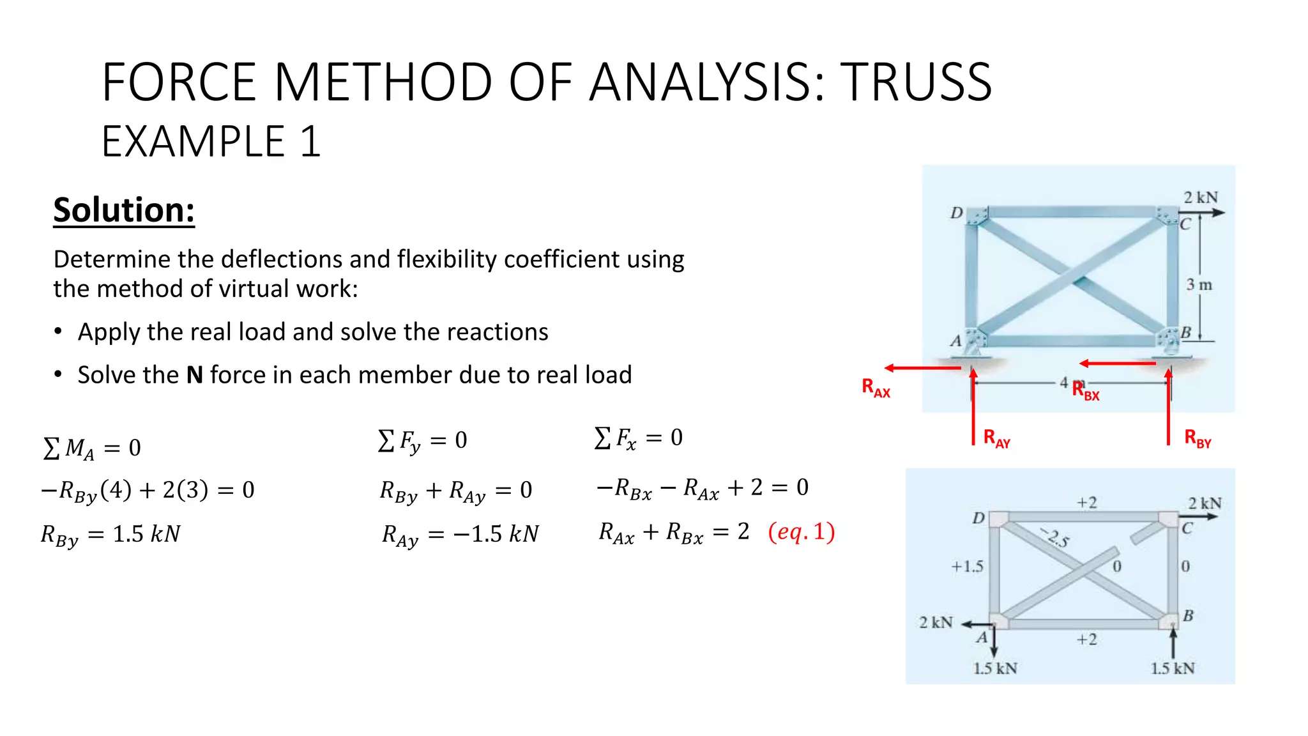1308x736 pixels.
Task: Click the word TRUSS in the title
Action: click(x=916, y=83)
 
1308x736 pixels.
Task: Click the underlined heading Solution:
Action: click(x=124, y=210)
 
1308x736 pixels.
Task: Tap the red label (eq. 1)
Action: click(x=801, y=532)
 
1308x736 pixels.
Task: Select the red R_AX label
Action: click(x=876, y=388)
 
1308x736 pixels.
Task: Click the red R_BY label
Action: click(x=1198, y=439)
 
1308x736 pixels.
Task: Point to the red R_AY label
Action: click(x=996, y=439)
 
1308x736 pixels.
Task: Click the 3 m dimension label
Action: click(x=1199, y=285)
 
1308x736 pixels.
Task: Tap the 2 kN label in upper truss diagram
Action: click(x=1200, y=197)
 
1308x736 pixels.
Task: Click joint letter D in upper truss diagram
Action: click(x=956, y=213)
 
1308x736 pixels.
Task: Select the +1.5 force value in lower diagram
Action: click(x=967, y=567)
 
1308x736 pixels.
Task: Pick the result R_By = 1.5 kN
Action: click(x=110, y=534)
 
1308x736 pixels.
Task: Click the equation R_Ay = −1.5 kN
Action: click(x=460, y=534)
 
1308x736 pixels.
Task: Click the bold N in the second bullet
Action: click(x=194, y=375)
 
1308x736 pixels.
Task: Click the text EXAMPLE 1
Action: click(x=211, y=142)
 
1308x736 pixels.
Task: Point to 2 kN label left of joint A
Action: click(x=936, y=622)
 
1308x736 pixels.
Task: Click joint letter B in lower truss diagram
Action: click(x=1188, y=616)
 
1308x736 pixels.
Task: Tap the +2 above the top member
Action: click(x=1086, y=503)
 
